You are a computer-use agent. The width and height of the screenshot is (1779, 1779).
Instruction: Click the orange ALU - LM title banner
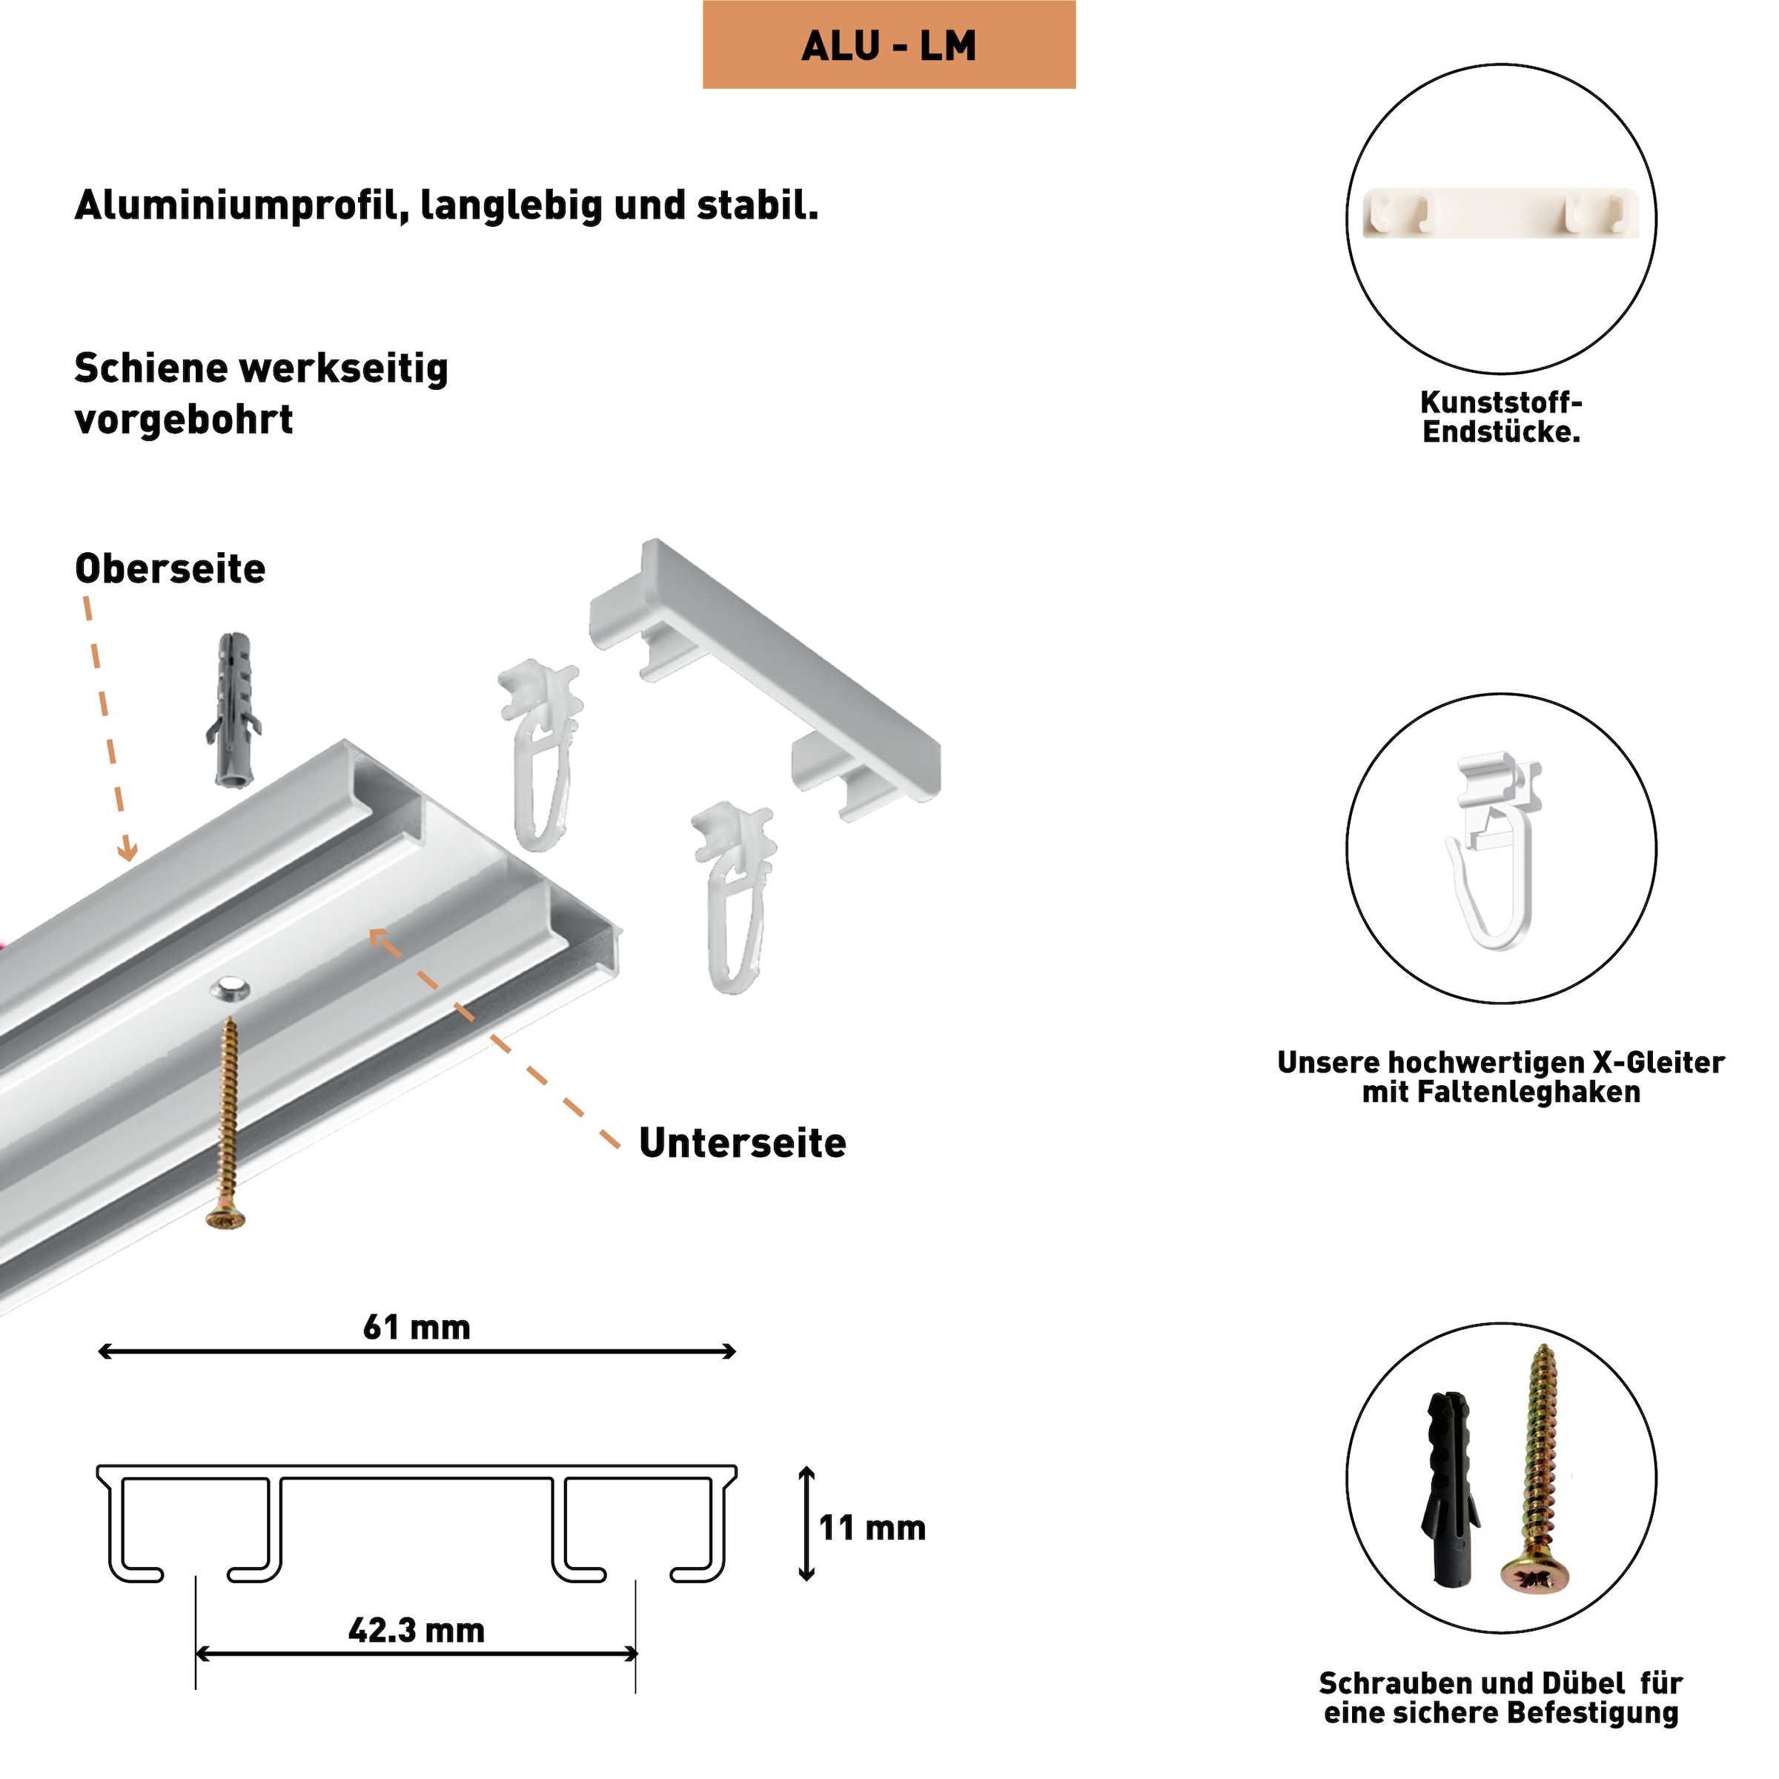tap(889, 44)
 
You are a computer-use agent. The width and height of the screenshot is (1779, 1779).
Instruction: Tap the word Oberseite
tap(170, 569)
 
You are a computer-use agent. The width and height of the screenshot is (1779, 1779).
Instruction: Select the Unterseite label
tap(742, 1143)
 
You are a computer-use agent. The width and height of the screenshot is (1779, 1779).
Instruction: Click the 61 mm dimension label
tap(416, 1327)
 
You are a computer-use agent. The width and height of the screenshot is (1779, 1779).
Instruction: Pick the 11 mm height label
tap(872, 1528)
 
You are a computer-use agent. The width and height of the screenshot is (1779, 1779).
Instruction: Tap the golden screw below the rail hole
tap(228, 1124)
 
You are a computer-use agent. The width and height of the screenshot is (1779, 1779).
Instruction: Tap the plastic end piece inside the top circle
tap(1500, 213)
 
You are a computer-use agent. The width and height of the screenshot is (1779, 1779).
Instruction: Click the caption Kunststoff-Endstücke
tap(1500, 417)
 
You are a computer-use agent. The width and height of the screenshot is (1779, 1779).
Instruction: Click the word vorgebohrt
tap(183, 420)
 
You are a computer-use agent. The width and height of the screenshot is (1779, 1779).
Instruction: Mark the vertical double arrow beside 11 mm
tap(806, 1524)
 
